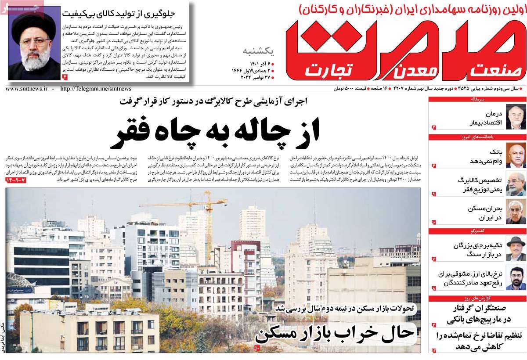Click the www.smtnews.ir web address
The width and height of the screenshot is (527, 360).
tap(26, 89)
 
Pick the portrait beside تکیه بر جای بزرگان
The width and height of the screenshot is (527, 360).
tap(516, 248)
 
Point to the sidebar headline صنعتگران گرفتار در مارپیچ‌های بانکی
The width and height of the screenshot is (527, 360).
tap(478, 313)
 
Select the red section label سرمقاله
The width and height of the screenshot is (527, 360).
tap(512, 100)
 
